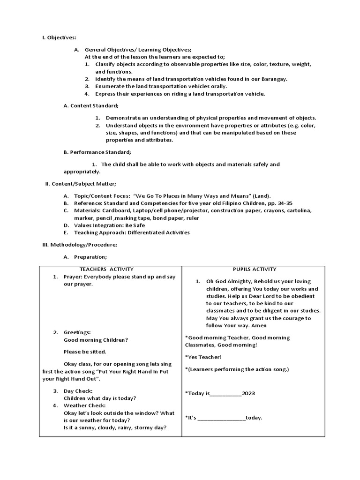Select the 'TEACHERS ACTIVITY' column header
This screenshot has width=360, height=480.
pos(106,269)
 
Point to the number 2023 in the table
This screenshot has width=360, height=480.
pos(248,393)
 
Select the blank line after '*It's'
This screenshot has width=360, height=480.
pos(222,418)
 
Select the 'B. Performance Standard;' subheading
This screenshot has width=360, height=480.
pos(97,152)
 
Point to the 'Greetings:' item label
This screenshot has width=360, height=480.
pos(77,332)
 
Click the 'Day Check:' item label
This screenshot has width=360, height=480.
pos(78,391)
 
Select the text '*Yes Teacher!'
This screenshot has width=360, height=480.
pos(203,357)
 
